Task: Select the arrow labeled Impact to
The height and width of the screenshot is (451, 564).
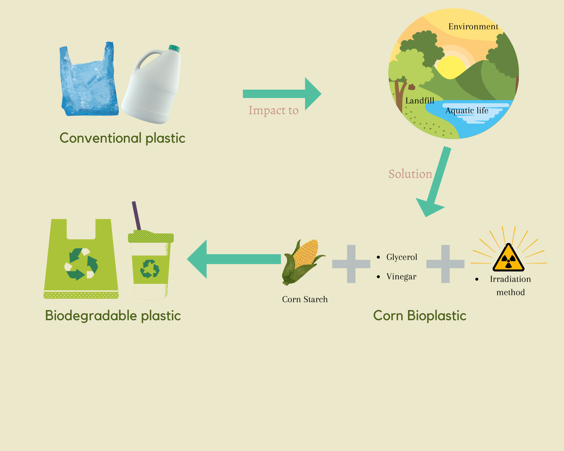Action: coord(282,94)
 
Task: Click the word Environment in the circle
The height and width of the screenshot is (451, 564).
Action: coord(473,26)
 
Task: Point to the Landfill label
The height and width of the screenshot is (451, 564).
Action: coord(420,101)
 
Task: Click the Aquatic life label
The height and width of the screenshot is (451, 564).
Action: coord(467,110)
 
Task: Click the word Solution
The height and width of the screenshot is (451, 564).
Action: coord(410,174)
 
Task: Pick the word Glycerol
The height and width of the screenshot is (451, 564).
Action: coord(402,257)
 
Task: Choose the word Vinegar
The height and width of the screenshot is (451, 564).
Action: coord(401,277)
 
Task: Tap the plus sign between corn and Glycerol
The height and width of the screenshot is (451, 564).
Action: coord(351,264)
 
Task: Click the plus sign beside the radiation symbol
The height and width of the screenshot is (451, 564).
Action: coord(445,264)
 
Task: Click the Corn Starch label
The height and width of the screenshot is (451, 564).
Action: coord(305,299)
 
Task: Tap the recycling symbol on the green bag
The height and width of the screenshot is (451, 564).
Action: coord(81,264)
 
